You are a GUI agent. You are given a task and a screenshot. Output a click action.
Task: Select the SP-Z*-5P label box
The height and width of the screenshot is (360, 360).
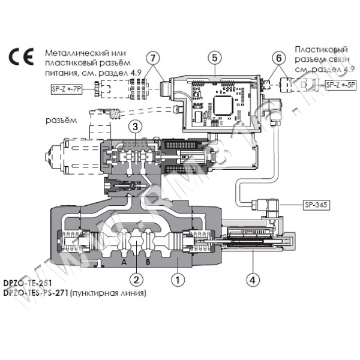340,85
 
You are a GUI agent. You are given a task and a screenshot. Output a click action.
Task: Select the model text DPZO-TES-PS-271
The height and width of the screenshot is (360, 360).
35,293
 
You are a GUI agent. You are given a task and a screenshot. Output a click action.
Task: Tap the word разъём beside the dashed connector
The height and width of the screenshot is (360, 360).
60,120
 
